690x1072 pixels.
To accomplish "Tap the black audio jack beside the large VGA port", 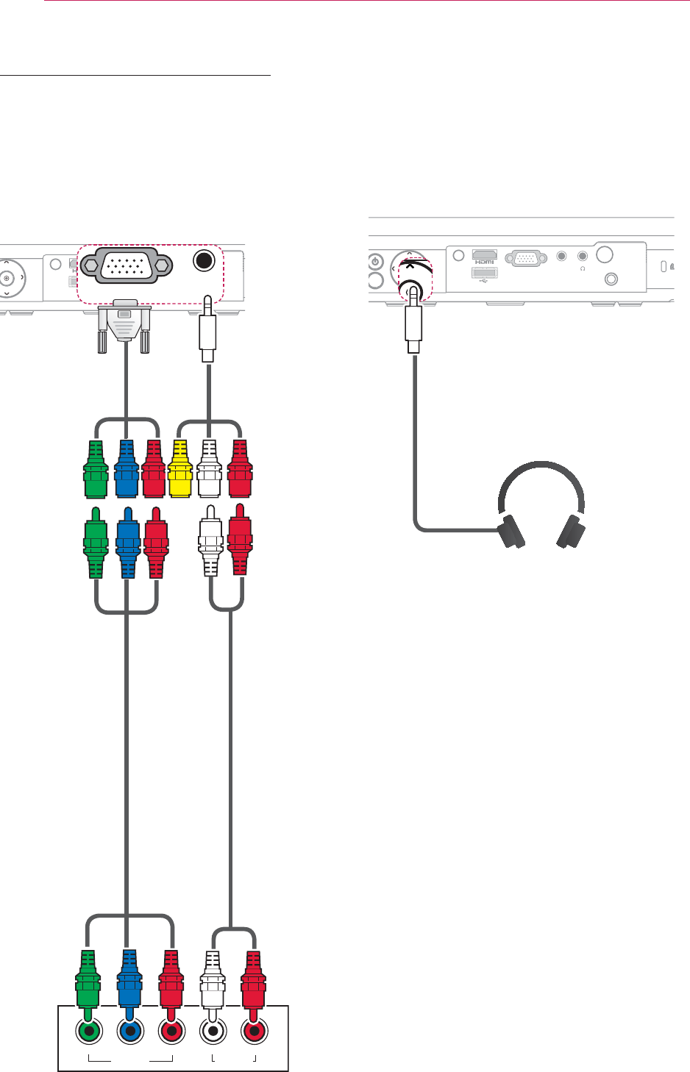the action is click(205, 261).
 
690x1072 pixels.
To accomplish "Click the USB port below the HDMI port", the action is click(485, 274).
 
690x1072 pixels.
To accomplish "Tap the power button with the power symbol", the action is click(376, 262).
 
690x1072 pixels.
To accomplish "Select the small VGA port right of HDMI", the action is click(523, 257).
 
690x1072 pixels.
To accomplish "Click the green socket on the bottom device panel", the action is click(89, 1032).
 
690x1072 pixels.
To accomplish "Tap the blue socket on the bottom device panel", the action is click(130, 1032).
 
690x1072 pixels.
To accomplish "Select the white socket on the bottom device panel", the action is click(213, 1032).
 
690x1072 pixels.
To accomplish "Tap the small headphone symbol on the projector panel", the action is click(583, 268).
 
